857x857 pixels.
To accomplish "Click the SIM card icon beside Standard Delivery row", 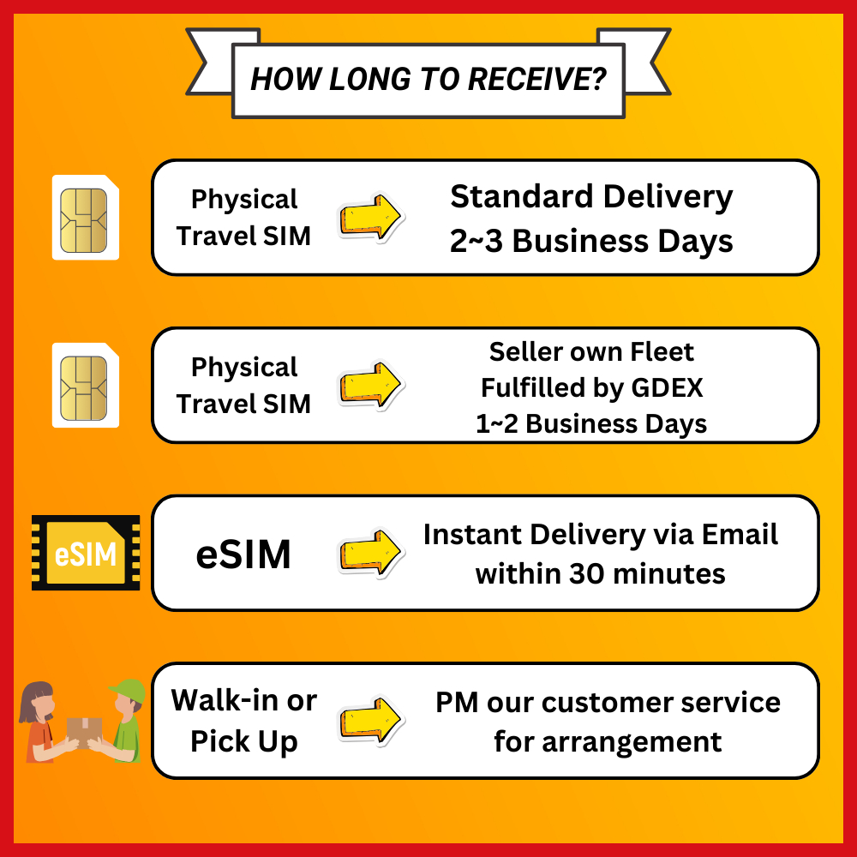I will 86,217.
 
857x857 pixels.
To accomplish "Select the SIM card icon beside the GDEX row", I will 86,385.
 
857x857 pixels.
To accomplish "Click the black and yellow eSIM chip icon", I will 86,553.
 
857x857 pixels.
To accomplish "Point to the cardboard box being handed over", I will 84,731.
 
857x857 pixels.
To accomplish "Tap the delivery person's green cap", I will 129,690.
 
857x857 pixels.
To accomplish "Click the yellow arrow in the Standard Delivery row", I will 370,218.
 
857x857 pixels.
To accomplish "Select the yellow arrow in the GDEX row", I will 370,386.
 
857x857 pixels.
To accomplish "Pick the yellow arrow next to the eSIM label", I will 370,553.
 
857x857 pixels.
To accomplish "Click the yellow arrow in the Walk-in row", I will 370,721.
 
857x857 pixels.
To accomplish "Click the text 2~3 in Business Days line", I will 474,242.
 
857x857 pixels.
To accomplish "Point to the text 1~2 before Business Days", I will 494,423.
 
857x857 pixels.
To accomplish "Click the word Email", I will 740,535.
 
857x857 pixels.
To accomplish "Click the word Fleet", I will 664,351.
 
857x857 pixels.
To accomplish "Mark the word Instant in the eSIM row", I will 471,535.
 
